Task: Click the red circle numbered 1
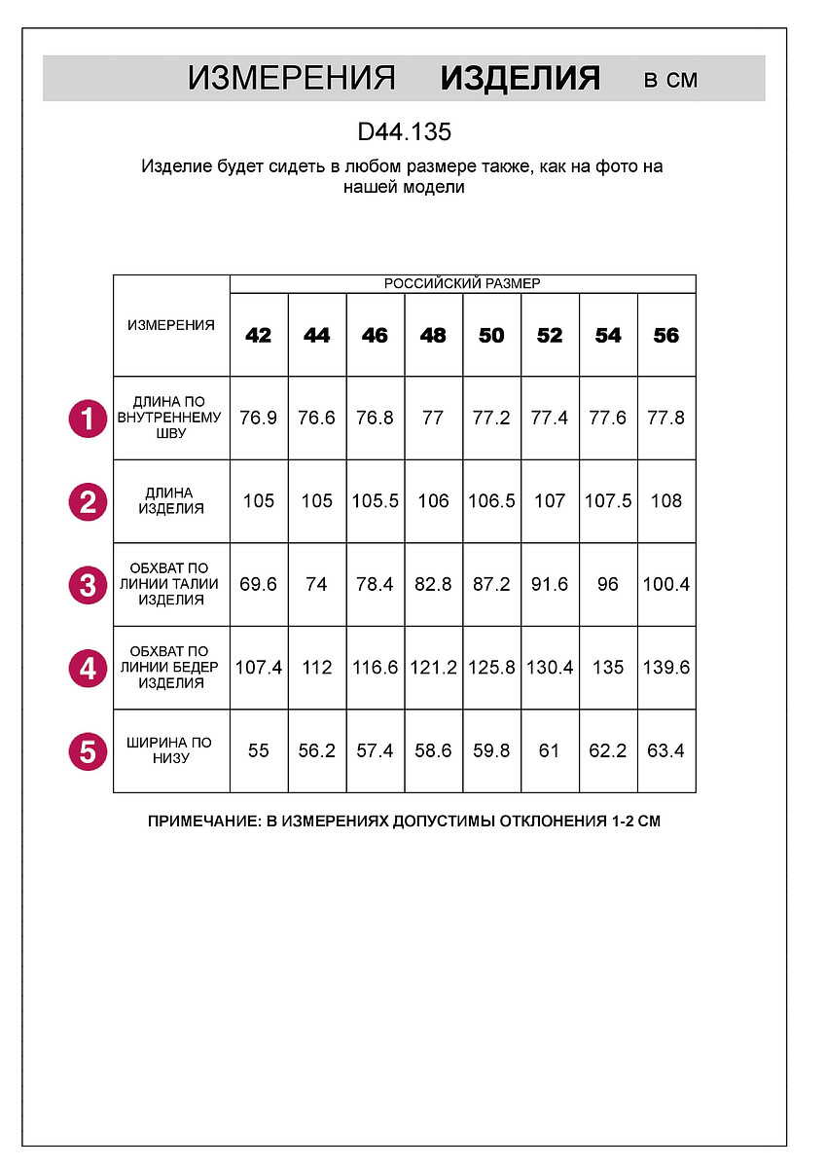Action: click(x=88, y=420)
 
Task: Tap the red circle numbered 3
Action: click(x=88, y=586)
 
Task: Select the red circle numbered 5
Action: click(x=88, y=752)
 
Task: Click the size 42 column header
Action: click(x=259, y=336)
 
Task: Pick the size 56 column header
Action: click(x=666, y=336)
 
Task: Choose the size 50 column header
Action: click(x=491, y=336)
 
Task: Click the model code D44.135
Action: click(x=404, y=131)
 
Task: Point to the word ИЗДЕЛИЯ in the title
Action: click(x=520, y=79)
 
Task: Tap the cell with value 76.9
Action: click(x=259, y=419)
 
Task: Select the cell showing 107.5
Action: click(x=608, y=501)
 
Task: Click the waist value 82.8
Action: click(x=433, y=585)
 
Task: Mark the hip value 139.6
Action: click(x=666, y=668)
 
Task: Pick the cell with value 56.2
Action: click(x=317, y=751)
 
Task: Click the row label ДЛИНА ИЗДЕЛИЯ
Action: click(x=171, y=501)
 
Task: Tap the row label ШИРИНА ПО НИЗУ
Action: click(x=171, y=750)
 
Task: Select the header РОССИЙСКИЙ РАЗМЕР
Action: click(x=462, y=284)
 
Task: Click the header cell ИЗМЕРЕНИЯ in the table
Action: click(x=171, y=326)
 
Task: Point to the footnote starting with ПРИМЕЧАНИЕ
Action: click(x=404, y=821)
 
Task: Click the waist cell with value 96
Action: click(x=608, y=585)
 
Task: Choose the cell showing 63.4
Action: click(x=666, y=751)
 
